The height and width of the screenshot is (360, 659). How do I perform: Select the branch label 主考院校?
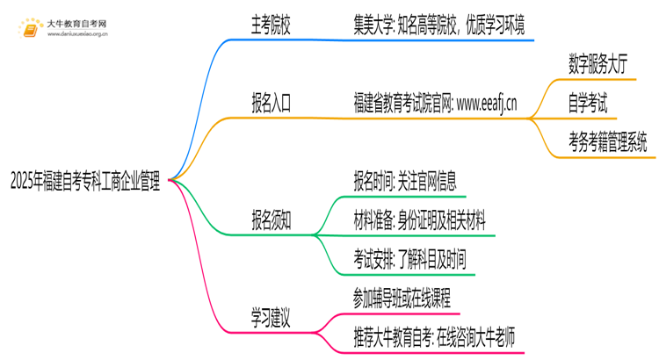click(x=271, y=26)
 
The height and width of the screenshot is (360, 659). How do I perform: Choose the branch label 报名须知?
click(x=271, y=220)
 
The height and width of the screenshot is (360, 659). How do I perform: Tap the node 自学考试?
click(x=587, y=104)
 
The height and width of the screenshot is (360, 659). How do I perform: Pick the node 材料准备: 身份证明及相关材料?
click(x=418, y=220)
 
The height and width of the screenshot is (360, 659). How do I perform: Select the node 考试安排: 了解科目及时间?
click(x=409, y=260)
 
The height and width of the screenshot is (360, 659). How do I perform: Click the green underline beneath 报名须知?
click(x=271, y=234)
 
